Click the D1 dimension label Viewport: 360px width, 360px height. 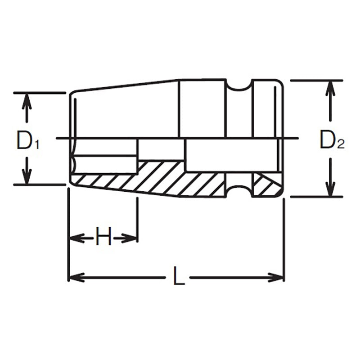coord(28,140)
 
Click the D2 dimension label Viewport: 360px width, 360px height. coord(332,140)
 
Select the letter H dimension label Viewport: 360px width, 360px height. coord(103,237)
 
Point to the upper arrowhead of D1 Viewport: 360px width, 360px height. coord(27,100)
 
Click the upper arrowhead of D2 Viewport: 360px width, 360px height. coord(331,87)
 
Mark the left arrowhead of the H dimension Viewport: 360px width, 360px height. coord(74,237)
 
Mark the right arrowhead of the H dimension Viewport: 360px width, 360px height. coord(131,237)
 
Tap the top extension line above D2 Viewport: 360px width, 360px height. coord(317,80)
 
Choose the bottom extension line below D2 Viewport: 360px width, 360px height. coord(317,197)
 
